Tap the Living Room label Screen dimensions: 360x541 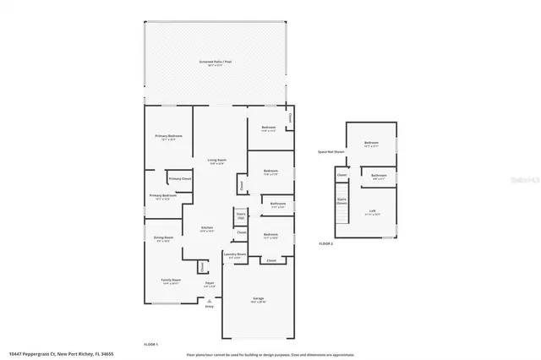tap(217, 160)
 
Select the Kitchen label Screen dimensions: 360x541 tap(205, 228)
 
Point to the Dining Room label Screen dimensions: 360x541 tap(163, 238)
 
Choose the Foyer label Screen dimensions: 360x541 tap(210, 284)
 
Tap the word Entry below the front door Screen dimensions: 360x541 tap(210, 306)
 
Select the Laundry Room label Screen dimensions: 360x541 tap(234, 254)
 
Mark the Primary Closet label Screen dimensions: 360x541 tap(180, 179)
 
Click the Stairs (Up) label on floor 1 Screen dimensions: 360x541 tap(240, 216)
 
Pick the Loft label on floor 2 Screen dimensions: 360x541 tap(371, 211)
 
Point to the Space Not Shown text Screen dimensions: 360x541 tap(331, 152)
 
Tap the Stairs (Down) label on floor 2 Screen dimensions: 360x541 tap(342, 202)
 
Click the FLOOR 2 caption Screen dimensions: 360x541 tap(326, 243)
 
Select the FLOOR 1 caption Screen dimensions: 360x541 tap(151, 344)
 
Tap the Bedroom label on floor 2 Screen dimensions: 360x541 tap(371, 144)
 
